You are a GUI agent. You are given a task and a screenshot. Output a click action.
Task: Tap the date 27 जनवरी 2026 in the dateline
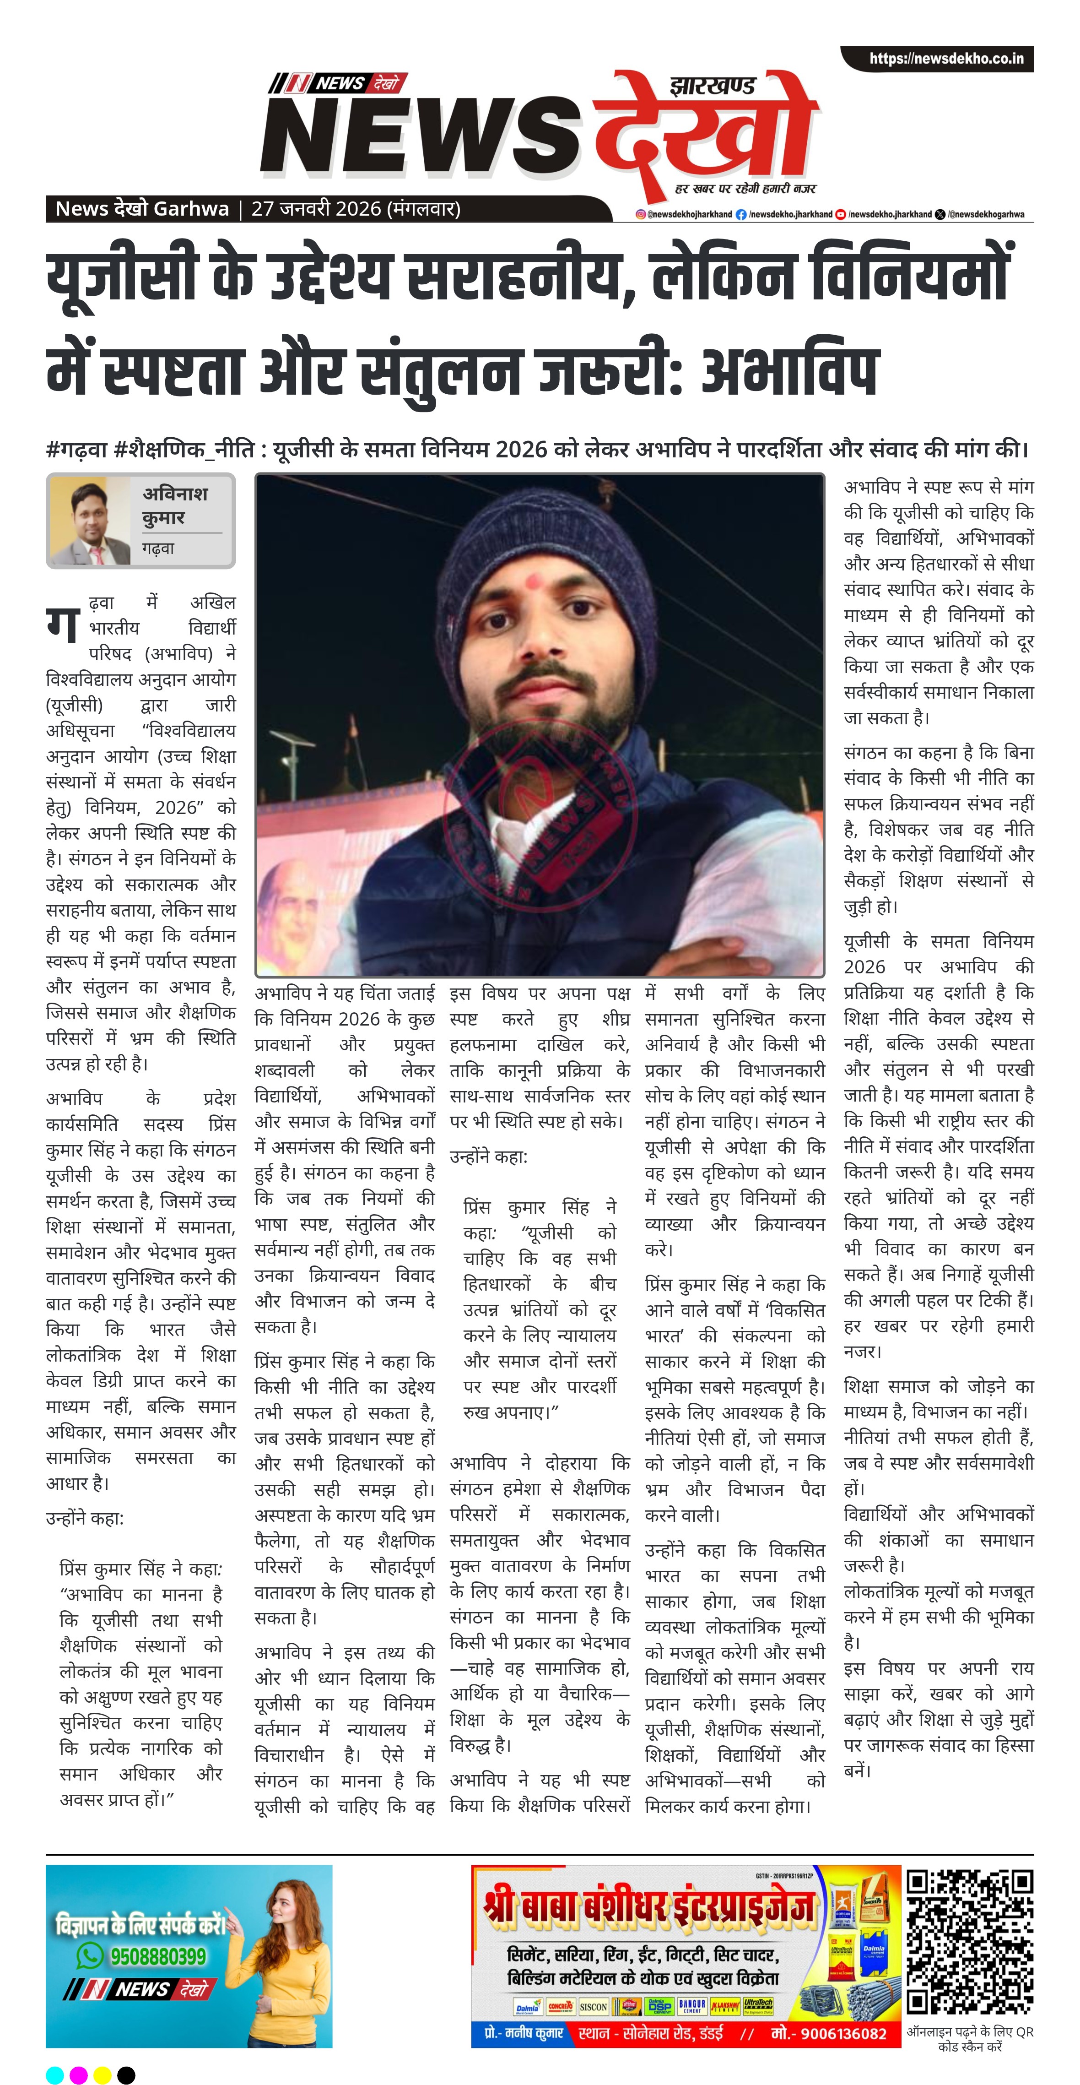click(315, 209)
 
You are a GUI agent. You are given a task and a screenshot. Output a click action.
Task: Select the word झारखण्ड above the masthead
click(713, 85)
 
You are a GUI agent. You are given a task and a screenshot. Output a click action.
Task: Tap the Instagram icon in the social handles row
click(641, 214)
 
